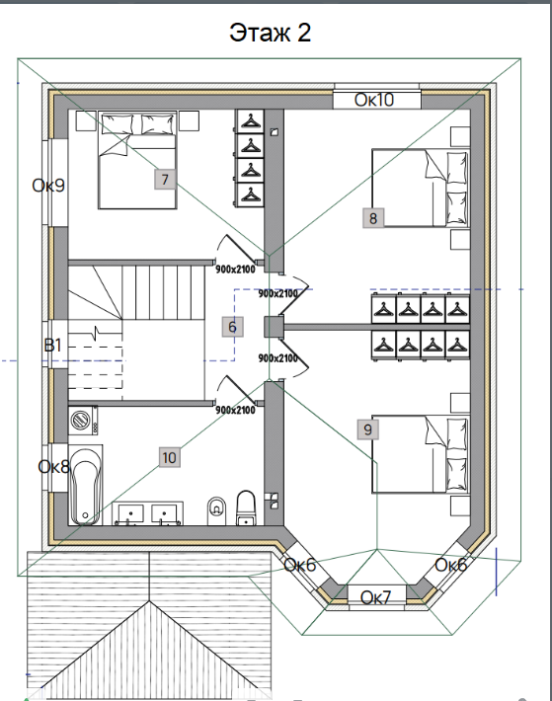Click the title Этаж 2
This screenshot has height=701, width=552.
pyautogui.click(x=270, y=33)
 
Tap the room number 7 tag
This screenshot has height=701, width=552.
pyautogui.click(x=165, y=180)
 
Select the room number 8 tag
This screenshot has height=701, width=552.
pyautogui.click(x=373, y=218)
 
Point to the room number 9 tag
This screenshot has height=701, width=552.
pyautogui.click(x=368, y=429)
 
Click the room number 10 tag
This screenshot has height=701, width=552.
pyautogui.click(x=170, y=458)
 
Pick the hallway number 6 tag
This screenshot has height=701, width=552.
pyautogui.click(x=232, y=327)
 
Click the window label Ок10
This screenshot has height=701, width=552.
pyautogui.click(x=374, y=100)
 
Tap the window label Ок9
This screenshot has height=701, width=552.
pyautogui.click(x=48, y=185)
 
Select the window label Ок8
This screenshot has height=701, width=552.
pyautogui.click(x=54, y=467)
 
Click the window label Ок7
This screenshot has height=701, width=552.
pyautogui.click(x=375, y=597)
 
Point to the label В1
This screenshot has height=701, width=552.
pyautogui.click(x=52, y=346)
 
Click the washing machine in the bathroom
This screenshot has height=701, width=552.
pyautogui.click(x=84, y=421)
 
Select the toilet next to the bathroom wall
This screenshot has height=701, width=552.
pyautogui.click(x=245, y=508)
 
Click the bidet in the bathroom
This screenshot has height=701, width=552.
pyautogui.click(x=217, y=510)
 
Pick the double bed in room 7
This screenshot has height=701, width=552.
pyautogui.click(x=137, y=161)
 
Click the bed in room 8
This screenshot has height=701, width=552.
pyautogui.click(x=421, y=189)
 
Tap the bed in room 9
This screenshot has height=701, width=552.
pyautogui.click(x=421, y=454)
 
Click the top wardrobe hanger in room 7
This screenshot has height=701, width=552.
pyautogui.click(x=250, y=121)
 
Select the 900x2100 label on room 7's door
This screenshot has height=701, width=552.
pyautogui.click(x=235, y=270)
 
